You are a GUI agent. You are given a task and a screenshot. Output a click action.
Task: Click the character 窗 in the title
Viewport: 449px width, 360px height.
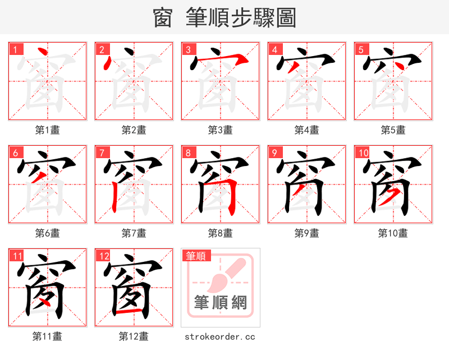click(x=163, y=18)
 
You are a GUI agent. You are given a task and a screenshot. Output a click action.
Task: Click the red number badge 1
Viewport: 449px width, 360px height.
click(x=15, y=49)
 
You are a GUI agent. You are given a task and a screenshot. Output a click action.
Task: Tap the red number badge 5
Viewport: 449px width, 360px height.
click(x=361, y=49)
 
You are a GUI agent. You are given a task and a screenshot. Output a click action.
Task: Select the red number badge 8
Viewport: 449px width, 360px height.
click(x=188, y=153)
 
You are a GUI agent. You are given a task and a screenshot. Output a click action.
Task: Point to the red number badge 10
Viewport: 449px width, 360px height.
click(x=363, y=153)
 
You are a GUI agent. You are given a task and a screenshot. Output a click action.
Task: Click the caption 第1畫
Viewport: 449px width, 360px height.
click(x=48, y=130)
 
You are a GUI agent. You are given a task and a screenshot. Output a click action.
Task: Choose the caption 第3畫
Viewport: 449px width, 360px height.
click(x=221, y=130)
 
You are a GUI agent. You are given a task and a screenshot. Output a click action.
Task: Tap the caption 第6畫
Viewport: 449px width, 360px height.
click(x=48, y=233)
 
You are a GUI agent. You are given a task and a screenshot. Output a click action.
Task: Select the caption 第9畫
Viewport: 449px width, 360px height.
click(x=307, y=233)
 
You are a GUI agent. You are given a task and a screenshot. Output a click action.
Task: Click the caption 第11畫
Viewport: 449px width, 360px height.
click(x=48, y=336)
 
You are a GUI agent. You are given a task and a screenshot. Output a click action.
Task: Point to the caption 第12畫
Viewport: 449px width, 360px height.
click(x=134, y=336)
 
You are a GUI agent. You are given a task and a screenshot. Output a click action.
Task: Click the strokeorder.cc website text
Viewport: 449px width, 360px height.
click(x=221, y=336)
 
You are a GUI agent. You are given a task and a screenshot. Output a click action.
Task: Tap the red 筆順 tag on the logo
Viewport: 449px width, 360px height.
click(x=196, y=256)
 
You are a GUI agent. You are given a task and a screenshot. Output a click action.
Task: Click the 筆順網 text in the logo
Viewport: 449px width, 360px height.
click(x=221, y=303)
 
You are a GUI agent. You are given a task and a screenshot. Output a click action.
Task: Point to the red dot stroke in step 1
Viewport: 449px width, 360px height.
click(x=41, y=53)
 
